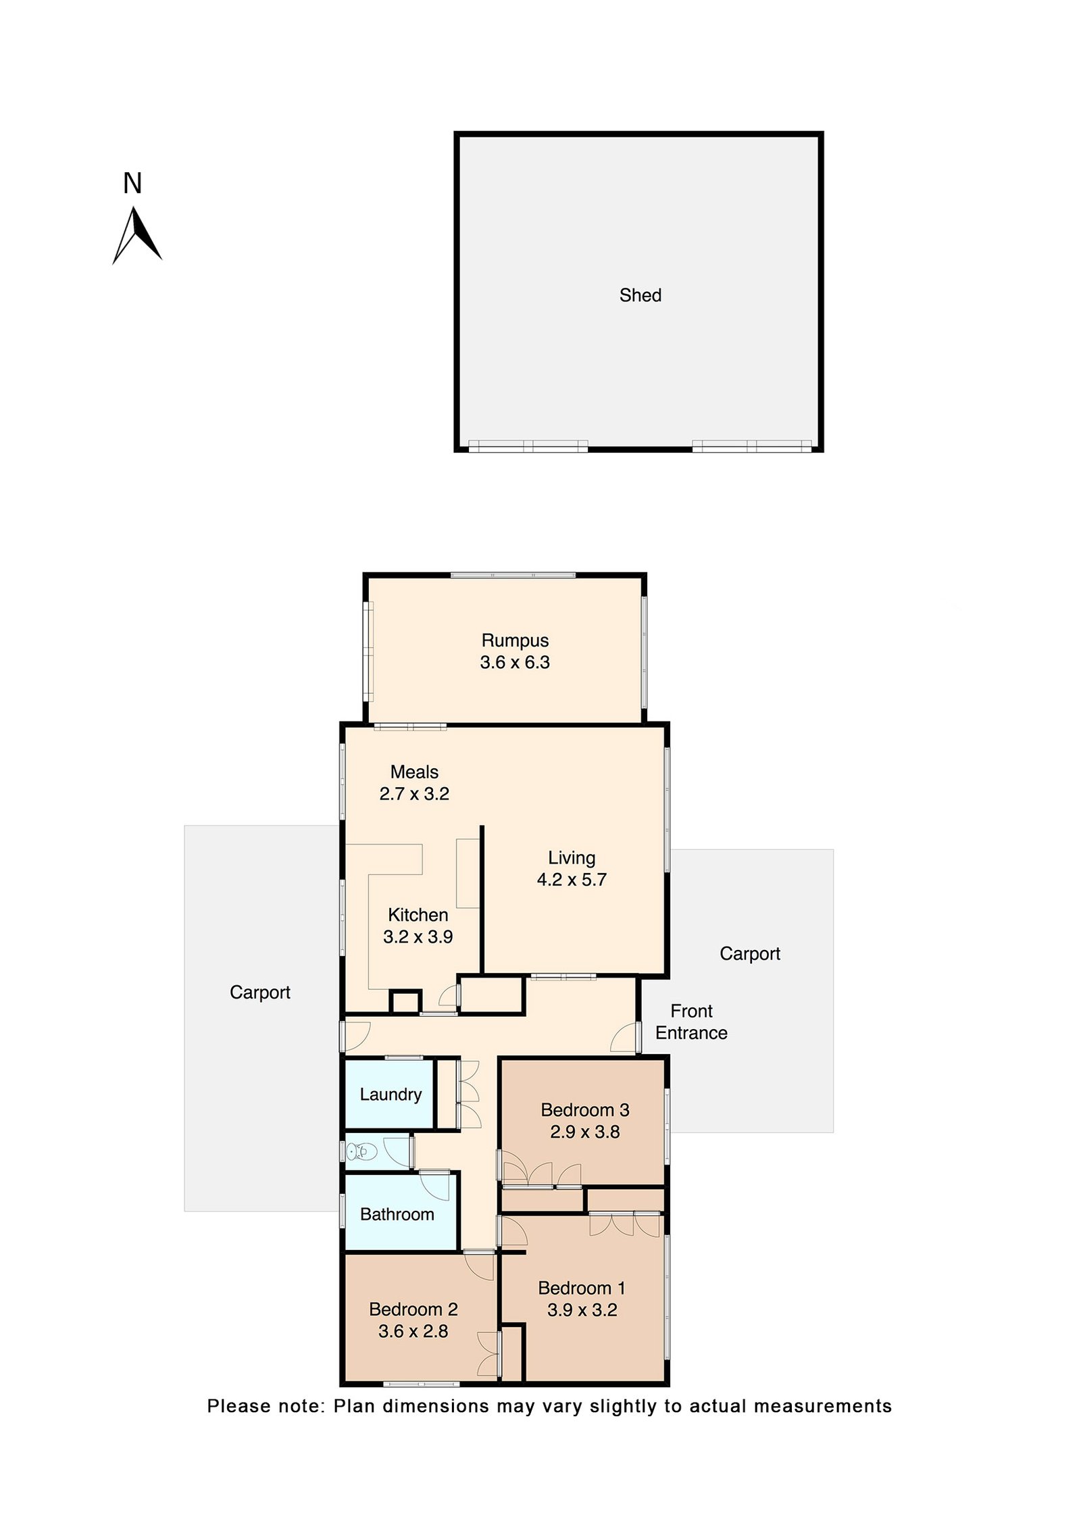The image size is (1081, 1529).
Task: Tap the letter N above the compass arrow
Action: click(x=132, y=184)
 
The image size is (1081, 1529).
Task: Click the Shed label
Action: click(x=640, y=295)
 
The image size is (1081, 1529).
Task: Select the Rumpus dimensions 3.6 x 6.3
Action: click(x=514, y=663)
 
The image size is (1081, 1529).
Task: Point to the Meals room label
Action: click(x=414, y=772)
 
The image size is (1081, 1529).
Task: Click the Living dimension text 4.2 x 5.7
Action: click(x=571, y=880)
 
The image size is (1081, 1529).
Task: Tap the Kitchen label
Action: click(x=418, y=915)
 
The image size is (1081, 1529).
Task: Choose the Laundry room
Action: click(x=390, y=1094)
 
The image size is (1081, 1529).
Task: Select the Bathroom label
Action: click(x=397, y=1214)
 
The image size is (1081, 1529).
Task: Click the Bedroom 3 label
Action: click(x=584, y=1109)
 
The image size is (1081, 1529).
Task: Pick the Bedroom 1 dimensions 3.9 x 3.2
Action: click(x=582, y=1309)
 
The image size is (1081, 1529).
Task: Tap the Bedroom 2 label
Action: click(x=413, y=1309)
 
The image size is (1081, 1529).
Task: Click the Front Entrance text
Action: click(x=690, y=1022)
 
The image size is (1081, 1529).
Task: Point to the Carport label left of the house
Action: click(x=259, y=992)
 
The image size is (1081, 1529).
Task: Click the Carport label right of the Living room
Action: click(x=749, y=953)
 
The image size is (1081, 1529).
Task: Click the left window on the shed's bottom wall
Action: click(x=528, y=445)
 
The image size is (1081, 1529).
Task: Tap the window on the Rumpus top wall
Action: click(x=513, y=575)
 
